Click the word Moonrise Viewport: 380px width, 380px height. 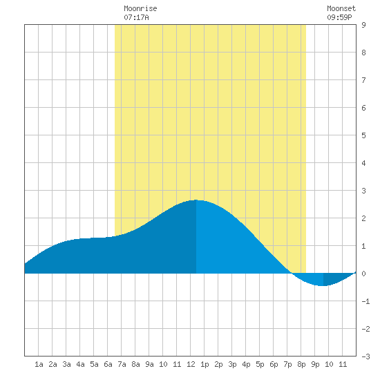pyautogui.click(x=140, y=8)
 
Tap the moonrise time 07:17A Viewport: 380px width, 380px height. pyautogui.click(x=136, y=17)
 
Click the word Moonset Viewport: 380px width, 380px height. pyautogui.click(x=341, y=8)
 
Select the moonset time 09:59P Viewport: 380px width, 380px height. pyautogui.click(x=339, y=17)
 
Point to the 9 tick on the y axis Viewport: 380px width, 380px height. pyautogui.click(x=363, y=25)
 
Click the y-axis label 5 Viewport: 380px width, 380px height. pyautogui.click(x=363, y=135)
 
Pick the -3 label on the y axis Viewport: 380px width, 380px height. pyautogui.click(x=365, y=357)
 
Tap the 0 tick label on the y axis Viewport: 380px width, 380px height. pyautogui.click(x=363, y=274)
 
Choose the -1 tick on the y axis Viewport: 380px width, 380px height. pyautogui.click(x=365, y=301)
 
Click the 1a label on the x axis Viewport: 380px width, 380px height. pyautogui.click(x=39, y=364)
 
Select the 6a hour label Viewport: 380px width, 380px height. pyautogui.click(x=108, y=364)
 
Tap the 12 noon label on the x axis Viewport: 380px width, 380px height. pyautogui.click(x=191, y=364)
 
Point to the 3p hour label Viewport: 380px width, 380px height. pyautogui.click(x=232, y=364)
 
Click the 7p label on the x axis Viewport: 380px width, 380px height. pyautogui.click(x=287, y=364)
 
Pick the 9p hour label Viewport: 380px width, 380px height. pyautogui.click(x=315, y=364)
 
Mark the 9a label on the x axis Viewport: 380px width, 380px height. pyautogui.click(x=149, y=364)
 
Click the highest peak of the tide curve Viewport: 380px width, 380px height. pyautogui.click(x=196, y=200)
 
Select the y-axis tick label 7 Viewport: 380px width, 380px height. pyautogui.click(x=363, y=80)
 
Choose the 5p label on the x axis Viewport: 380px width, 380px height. pyautogui.click(x=260, y=364)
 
